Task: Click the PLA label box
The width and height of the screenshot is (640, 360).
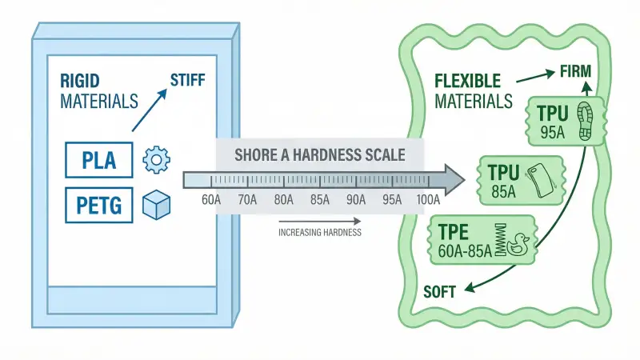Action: tap(99, 160)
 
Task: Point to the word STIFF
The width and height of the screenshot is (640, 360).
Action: tap(188, 79)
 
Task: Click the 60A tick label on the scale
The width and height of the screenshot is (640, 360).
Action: tap(212, 200)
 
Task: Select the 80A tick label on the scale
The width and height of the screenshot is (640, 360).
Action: tap(283, 200)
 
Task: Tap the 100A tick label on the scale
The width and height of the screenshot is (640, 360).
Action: tap(427, 200)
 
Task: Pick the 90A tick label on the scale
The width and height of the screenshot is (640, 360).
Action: tap(355, 200)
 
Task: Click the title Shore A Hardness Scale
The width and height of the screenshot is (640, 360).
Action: tap(319, 154)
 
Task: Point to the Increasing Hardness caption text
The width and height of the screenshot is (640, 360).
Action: tap(319, 233)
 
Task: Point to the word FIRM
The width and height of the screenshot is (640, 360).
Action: tap(575, 71)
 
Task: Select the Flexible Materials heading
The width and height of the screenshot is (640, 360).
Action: tap(472, 91)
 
